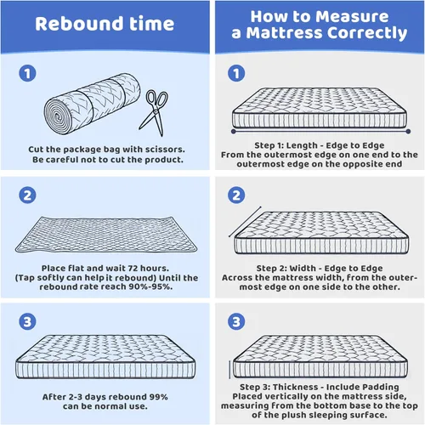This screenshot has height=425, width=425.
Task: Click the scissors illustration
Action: [156, 112]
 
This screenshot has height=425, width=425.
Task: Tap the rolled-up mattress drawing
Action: [93, 104]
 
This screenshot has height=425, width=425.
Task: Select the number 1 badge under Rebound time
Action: [27, 73]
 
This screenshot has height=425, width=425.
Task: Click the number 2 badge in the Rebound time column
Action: [27, 195]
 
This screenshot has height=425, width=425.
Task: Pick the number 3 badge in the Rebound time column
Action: [27, 321]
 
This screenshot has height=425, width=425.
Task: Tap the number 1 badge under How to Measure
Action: [236, 73]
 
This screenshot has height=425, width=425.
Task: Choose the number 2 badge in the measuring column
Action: [236, 195]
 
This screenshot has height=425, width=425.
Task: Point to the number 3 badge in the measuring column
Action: [236, 321]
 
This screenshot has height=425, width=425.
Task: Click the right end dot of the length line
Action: [408, 132]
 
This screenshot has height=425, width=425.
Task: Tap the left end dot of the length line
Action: [234, 132]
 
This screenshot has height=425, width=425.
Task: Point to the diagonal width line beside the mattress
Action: [245, 222]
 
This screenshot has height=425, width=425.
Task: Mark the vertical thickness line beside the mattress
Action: [229, 370]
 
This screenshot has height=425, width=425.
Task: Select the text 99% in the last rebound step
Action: [158, 397]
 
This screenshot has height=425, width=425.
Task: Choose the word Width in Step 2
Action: [303, 268]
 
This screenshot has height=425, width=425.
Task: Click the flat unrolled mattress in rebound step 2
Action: [106, 235]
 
